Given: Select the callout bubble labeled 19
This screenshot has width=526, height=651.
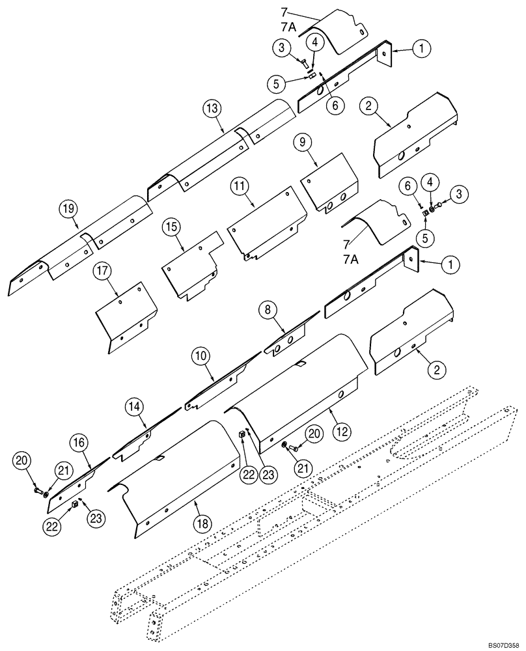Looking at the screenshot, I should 68,209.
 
